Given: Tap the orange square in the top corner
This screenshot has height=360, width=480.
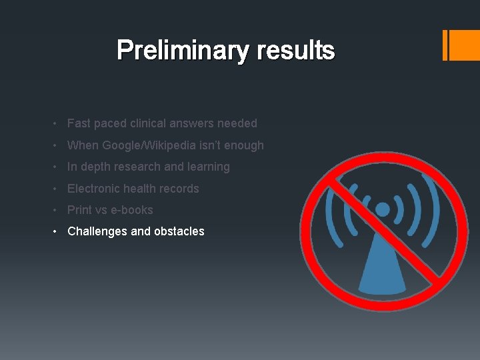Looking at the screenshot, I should point(464,45).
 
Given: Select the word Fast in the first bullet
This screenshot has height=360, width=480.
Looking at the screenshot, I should point(79,123).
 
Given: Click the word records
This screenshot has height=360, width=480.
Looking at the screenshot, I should point(178,189).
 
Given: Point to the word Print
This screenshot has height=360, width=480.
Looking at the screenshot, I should point(79,210).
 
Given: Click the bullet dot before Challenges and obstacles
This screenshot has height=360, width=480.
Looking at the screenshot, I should point(58,231).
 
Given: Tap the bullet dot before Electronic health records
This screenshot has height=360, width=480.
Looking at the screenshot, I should point(58,189).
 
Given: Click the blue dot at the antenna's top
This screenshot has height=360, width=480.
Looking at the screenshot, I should point(382,210).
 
